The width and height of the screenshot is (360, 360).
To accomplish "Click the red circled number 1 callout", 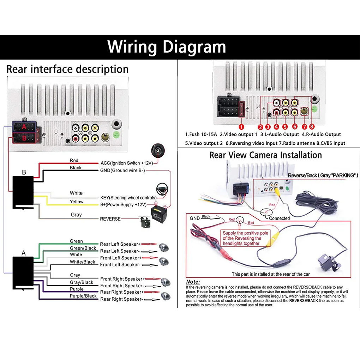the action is click(241, 127).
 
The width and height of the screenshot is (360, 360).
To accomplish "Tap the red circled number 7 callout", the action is click(305, 127).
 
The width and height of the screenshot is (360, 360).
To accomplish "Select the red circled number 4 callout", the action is click(276, 127).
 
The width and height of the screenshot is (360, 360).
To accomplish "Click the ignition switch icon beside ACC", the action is click(158, 150).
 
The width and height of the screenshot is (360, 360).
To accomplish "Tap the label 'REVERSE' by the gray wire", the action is click(110, 219).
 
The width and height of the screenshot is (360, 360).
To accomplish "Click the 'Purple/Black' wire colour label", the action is click(83, 296).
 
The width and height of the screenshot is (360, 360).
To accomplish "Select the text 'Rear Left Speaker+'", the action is click(120, 244).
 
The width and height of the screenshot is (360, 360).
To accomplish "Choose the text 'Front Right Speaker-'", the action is click(122, 286).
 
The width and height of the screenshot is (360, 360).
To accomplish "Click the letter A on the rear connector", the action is click(24, 126).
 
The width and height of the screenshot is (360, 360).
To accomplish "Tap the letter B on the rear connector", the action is click(24, 138).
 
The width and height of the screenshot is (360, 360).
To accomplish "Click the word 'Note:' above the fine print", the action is click(193, 282).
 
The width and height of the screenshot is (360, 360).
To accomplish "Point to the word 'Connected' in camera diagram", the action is click(279, 218).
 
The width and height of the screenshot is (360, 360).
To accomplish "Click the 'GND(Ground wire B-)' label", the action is click(122, 170).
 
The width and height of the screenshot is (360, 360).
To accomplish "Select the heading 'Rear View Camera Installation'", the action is click(265, 155).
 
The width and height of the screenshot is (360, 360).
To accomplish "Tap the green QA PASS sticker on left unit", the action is click(116, 135).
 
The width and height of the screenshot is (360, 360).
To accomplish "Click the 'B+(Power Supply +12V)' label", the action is click(123, 205).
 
